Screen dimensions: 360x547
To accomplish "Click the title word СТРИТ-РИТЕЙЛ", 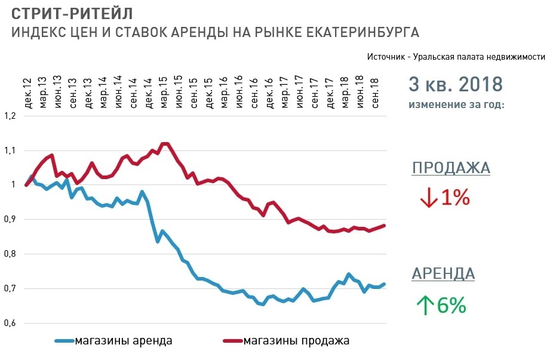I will (x=72, y=13).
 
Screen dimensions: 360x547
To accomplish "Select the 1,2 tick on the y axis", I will (x=10, y=116).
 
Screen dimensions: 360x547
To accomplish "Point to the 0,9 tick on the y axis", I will (x=10, y=220).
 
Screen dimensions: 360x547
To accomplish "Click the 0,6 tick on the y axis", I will (x=10, y=324).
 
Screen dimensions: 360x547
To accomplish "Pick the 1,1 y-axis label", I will (x=10, y=150).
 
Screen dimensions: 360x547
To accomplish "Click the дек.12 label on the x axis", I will (x=27, y=93).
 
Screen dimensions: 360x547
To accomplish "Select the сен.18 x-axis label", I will (x=375, y=93).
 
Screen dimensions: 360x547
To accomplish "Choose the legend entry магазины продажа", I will (x=296, y=341).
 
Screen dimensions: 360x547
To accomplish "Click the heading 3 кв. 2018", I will (x=456, y=84).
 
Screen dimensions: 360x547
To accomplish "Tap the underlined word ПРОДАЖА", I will (x=451, y=168).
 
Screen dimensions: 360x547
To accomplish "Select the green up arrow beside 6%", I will (x=424, y=306).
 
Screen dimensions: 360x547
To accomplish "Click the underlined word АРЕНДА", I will (x=443, y=274).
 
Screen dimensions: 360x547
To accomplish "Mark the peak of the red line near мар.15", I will (x=165, y=143).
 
